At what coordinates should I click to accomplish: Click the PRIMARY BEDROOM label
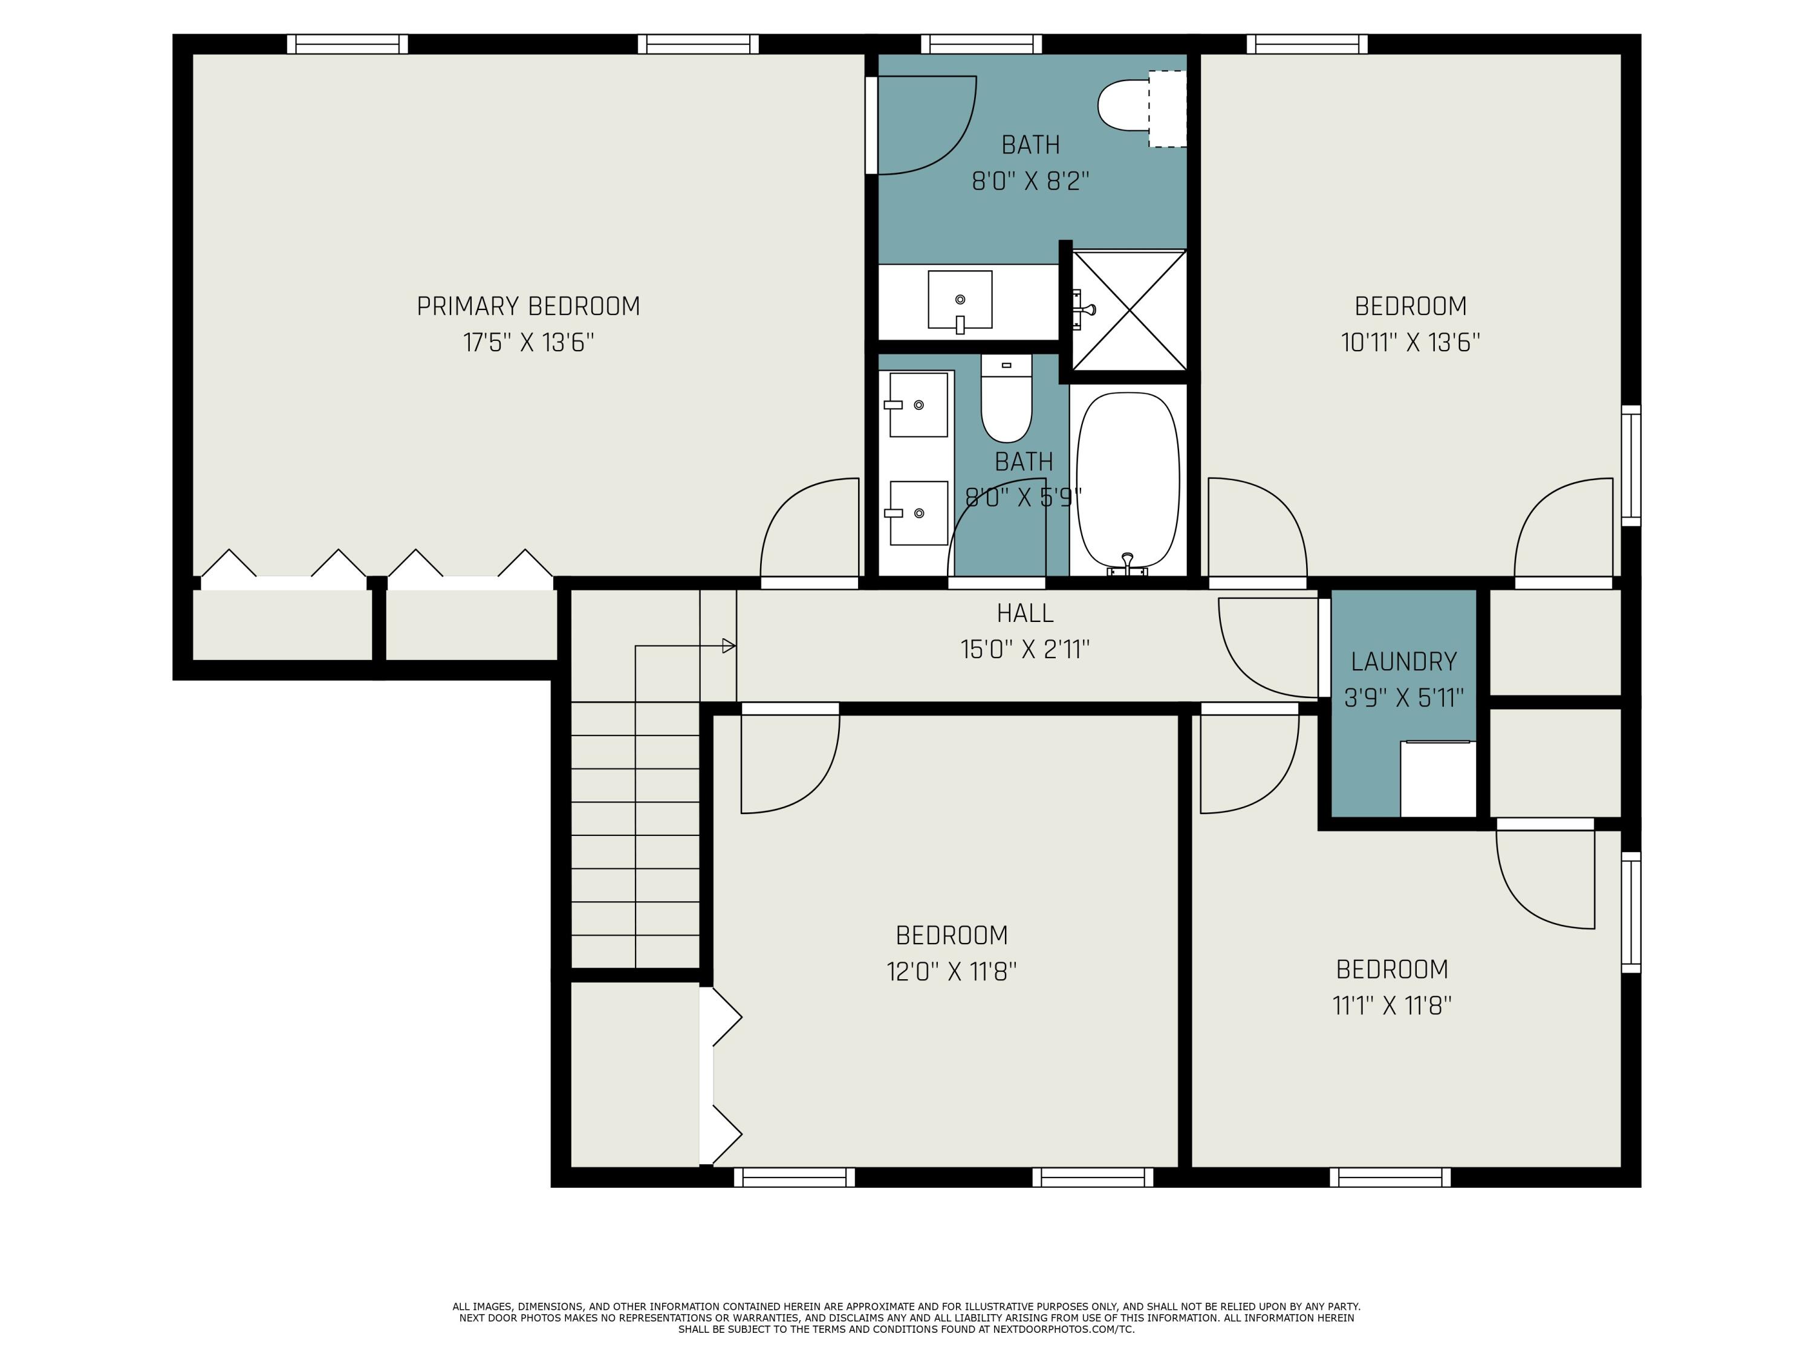(x=528, y=306)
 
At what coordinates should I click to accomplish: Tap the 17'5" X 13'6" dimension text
(x=528, y=343)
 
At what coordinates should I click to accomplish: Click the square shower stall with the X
(x=1130, y=310)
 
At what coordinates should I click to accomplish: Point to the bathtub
(x=1128, y=479)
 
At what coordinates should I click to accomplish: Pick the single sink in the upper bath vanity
(x=960, y=300)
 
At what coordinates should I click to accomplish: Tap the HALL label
(x=1025, y=613)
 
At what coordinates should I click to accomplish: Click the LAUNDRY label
(x=1404, y=661)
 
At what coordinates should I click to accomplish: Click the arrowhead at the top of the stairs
(x=728, y=646)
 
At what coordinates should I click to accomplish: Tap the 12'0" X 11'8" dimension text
(x=951, y=972)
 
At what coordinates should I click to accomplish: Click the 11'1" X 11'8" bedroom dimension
(x=1392, y=1006)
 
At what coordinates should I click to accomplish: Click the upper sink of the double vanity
(x=918, y=405)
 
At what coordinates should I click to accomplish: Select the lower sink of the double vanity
(x=918, y=513)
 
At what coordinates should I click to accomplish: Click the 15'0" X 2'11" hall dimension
(x=1025, y=650)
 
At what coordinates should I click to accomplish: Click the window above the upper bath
(x=981, y=44)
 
